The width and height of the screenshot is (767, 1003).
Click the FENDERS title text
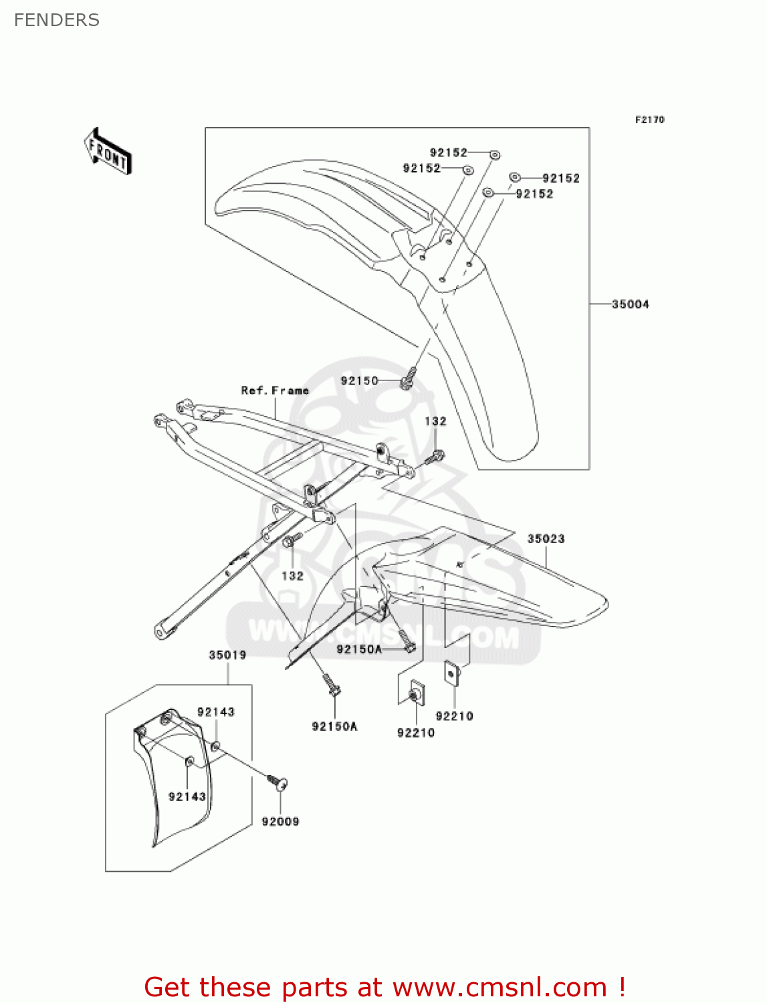tap(57, 20)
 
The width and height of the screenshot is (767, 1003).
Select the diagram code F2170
tap(649, 120)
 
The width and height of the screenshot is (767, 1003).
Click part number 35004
tap(630, 304)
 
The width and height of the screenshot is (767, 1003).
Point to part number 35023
tap(546, 538)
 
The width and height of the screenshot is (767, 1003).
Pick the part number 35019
tap(227, 655)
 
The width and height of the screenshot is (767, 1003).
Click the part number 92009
tap(280, 821)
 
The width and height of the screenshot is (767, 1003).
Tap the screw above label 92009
tap(278, 782)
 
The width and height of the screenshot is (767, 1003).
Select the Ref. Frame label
tap(275, 391)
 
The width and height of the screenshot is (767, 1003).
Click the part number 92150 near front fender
tap(359, 380)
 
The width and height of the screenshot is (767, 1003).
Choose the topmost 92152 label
tap(448, 152)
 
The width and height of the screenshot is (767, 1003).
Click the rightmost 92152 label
tap(560, 178)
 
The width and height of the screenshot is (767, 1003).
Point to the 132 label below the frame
tap(292, 576)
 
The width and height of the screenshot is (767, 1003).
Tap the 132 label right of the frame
tap(435, 421)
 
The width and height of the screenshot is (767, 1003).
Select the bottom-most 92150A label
tap(334, 726)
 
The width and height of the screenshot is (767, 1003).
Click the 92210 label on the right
tap(454, 716)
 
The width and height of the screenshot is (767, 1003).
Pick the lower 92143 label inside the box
tap(187, 796)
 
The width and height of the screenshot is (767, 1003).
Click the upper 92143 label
tap(215, 711)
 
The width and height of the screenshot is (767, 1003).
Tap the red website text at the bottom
tap(385, 987)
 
